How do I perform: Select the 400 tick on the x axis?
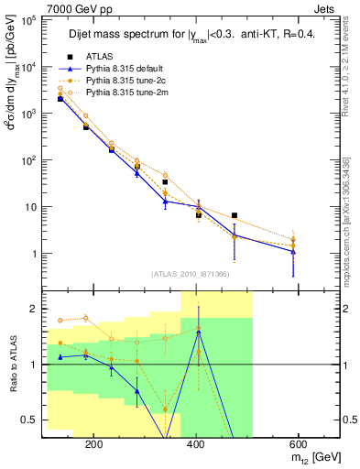pyautogui.click(x=194, y=442)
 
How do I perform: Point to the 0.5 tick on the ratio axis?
pyautogui.click(x=32, y=420)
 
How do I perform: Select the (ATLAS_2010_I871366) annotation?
pyautogui.click(x=191, y=274)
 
